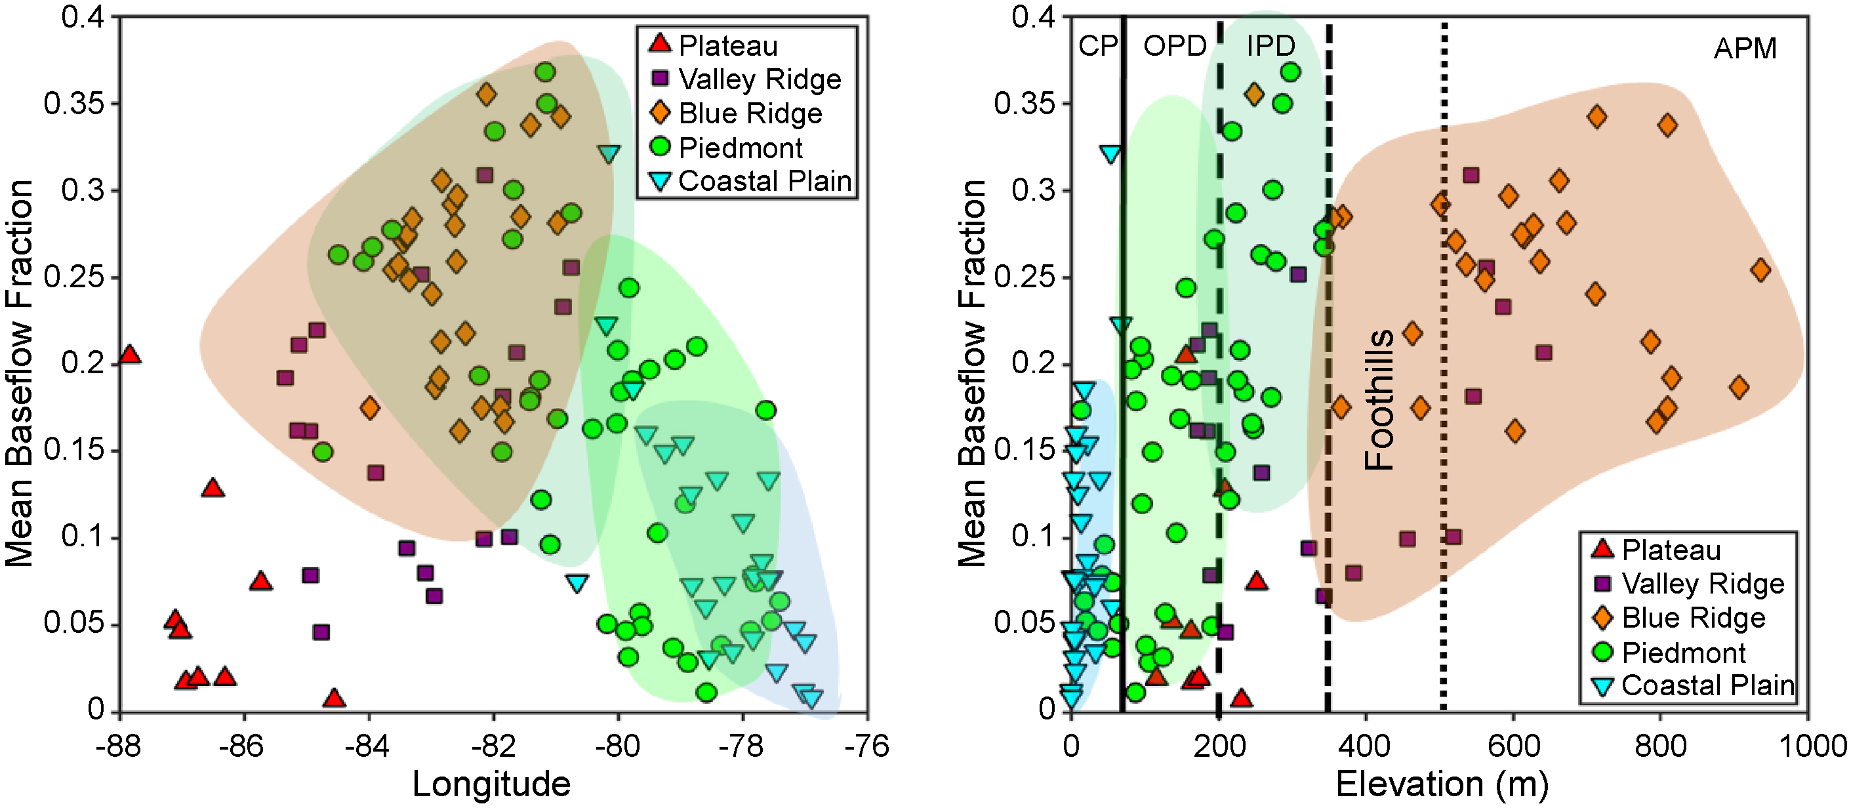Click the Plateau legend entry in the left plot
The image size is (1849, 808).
click(727, 45)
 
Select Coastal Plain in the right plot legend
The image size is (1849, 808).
click(1707, 685)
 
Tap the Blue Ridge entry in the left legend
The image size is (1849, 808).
click(750, 113)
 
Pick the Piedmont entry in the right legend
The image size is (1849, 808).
click(1683, 653)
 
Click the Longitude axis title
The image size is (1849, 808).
click(492, 784)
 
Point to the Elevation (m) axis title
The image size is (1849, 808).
click(1441, 784)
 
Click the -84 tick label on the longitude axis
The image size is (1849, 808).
click(367, 747)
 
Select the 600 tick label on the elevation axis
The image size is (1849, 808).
click(1513, 747)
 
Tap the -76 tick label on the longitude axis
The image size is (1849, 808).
click(866, 747)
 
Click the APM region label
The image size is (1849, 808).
click(1745, 49)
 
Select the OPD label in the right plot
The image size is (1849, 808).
click(1174, 46)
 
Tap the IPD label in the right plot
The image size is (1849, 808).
click(1270, 46)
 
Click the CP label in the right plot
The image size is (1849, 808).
click(1097, 46)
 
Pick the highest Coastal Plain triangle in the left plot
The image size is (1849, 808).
click(609, 153)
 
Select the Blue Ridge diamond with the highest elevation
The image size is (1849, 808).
click(1760, 270)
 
